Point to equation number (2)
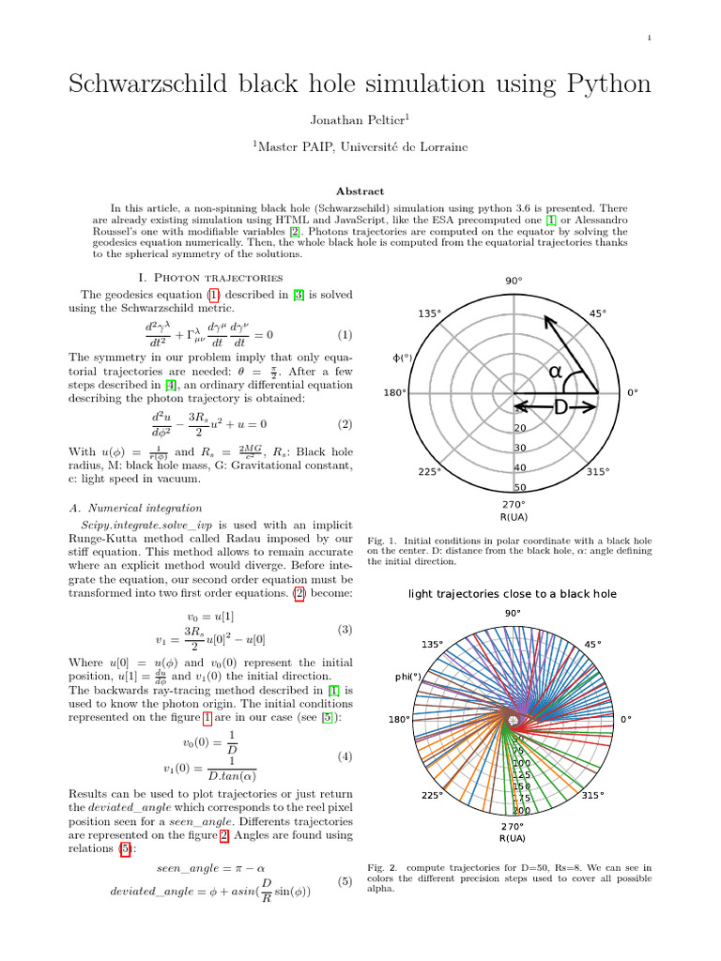[345, 424]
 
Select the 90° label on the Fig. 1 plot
[514, 281]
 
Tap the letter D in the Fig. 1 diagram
[560, 407]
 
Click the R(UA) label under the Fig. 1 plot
[514, 517]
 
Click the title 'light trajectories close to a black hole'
[513, 594]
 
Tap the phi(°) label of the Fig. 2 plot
[407, 676]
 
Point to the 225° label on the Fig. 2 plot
[431, 796]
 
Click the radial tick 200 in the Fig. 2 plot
[522, 810]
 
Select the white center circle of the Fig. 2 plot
[513, 720]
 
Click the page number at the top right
[650, 38]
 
